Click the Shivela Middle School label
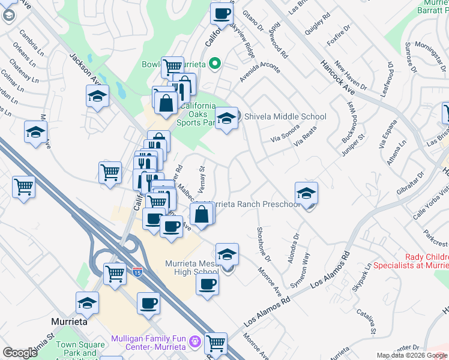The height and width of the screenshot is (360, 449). [285, 117]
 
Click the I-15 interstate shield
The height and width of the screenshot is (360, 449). [137, 272]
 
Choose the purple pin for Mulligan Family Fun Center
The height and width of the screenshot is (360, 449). [194, 343]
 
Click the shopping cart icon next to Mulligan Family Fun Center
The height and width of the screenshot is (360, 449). [215, 343]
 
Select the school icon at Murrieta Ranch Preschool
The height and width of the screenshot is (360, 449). [306, 193]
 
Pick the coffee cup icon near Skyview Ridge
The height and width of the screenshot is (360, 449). [221, 13]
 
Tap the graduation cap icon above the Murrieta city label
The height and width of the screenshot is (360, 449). [87, 303]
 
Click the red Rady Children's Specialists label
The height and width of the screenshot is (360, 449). [411, 260]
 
